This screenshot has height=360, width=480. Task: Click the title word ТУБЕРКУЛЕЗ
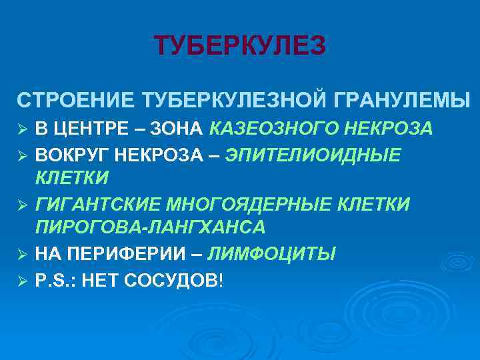coord(240,46)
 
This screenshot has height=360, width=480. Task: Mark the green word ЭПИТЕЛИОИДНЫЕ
coord(313,156)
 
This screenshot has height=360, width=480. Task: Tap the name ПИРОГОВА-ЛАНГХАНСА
coord(151,228)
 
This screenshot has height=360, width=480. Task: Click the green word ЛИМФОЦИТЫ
coord(272,255)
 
